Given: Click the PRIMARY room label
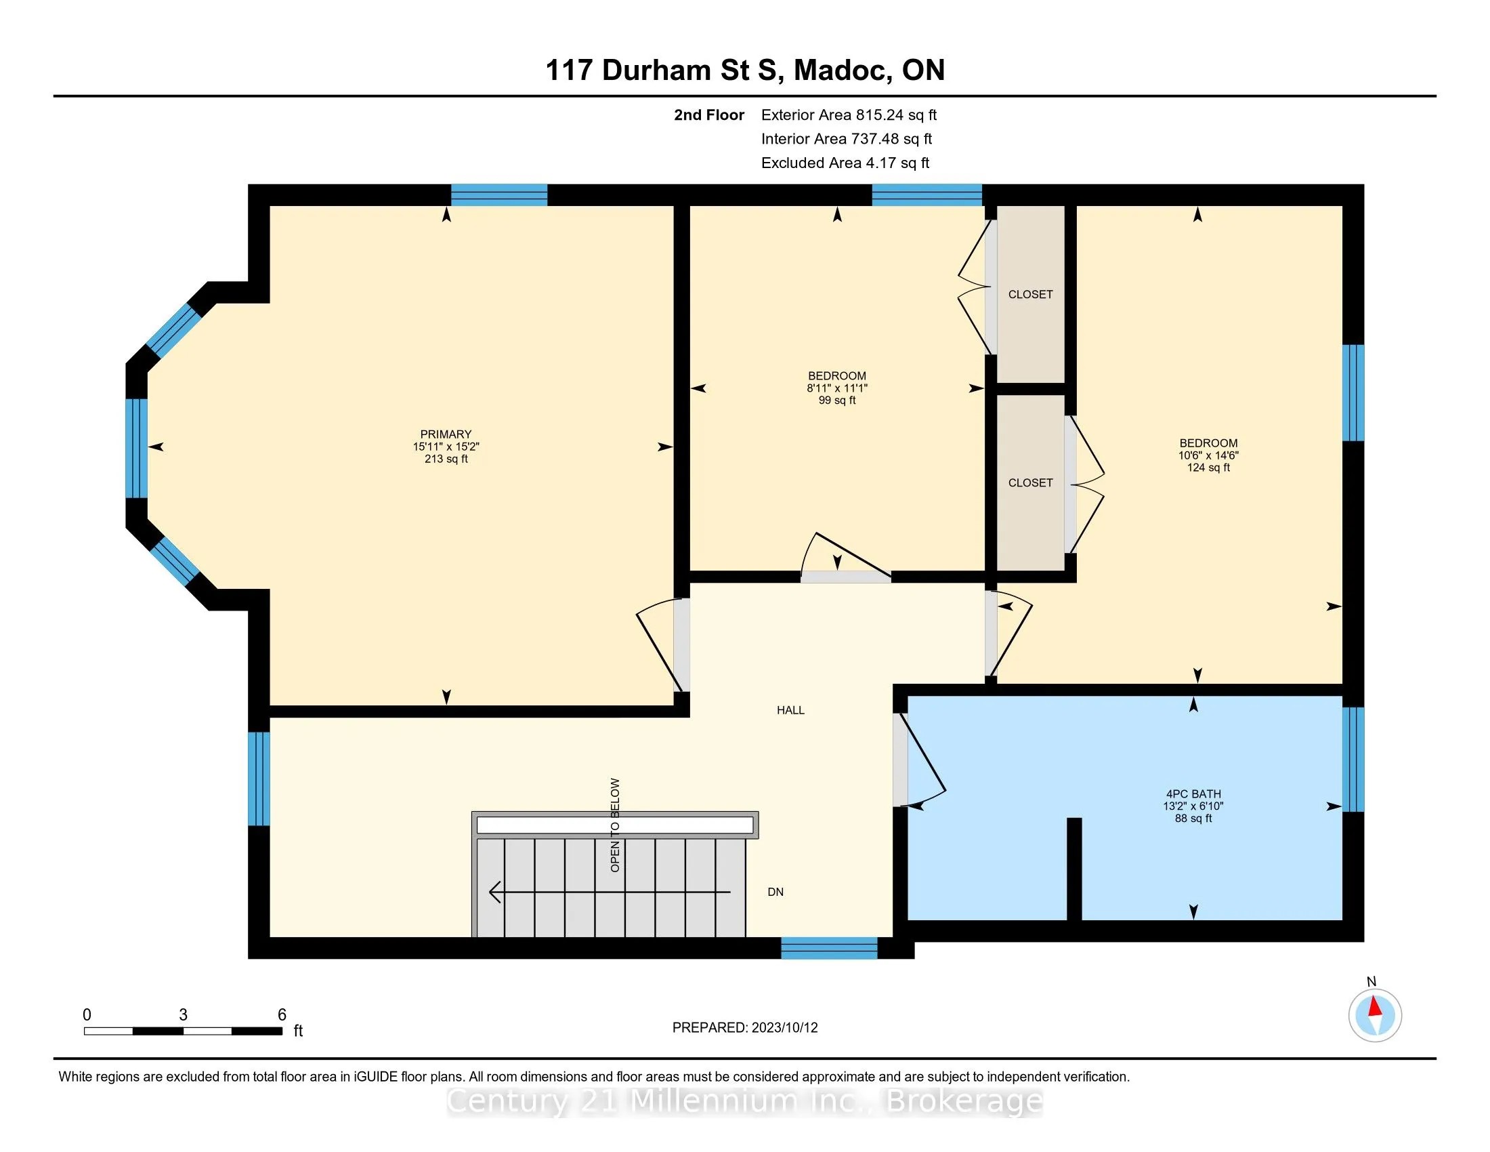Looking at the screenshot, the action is pyautogui.click(x=446, y=434).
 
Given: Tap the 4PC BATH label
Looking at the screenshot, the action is pyautogui.click(x=1193, y=794).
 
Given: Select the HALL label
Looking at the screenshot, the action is pyautogui.click(x=790, y=710).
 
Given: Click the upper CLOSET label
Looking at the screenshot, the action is pyautogui.click(x=1030, y=294).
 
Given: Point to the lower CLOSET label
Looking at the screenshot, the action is pyautogui.click(x=1030, y=482).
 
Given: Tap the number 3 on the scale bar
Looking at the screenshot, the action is pyautogui.click(x=183, y=1015).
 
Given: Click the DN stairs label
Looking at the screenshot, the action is pyautogui.click(x=775, y=892).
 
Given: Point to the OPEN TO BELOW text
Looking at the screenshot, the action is pyautogui.click(x=616, y=825).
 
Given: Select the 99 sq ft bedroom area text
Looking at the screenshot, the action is pyautogui.click(x=837, y=400).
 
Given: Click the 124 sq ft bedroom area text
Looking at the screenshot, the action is pyautogui.click(x=1208, y=468).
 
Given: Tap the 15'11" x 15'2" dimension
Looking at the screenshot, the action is pyautogui.click(x=446, y=447).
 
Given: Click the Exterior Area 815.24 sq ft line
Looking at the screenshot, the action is pyautogui.click(x=849, y=115).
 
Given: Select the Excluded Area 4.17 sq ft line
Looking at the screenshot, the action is pyautogui.click(x=845, y=163).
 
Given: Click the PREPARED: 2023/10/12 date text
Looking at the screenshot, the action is pyautogui.click(x=745, y=1028).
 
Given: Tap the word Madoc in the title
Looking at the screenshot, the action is pyautogui.click(x=843, y=70).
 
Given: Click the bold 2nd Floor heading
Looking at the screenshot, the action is pyautogui.click(x=709, y=115).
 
